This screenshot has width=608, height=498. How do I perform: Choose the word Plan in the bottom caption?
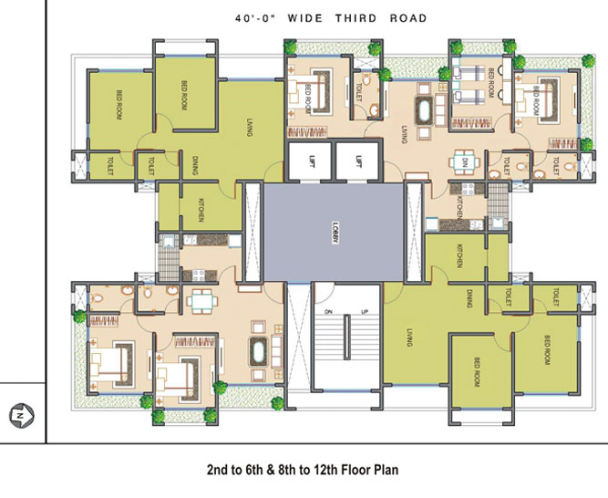383,470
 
